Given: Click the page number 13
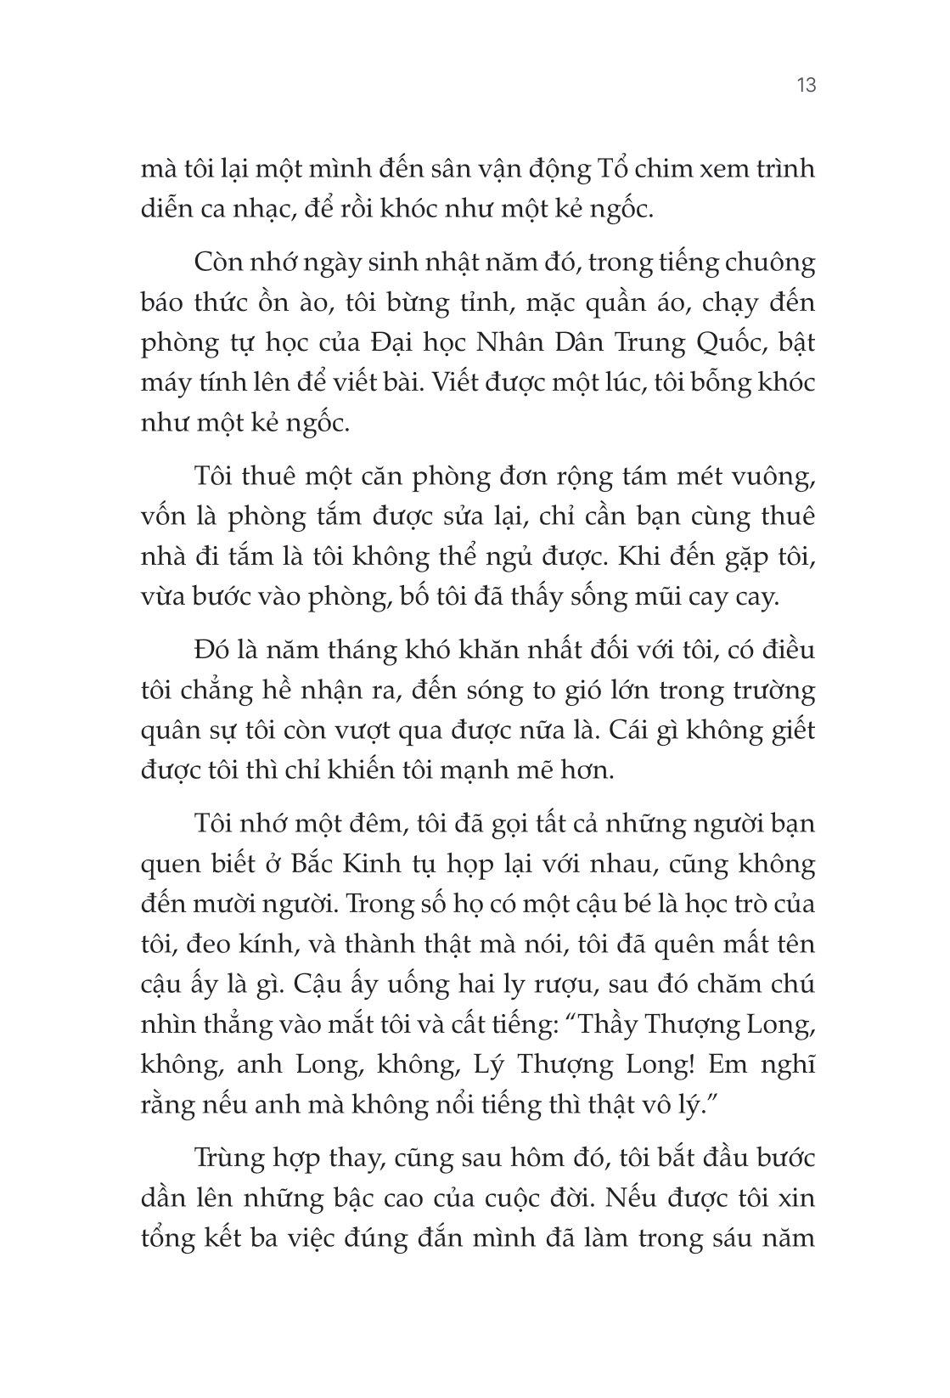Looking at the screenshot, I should [806, 85].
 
